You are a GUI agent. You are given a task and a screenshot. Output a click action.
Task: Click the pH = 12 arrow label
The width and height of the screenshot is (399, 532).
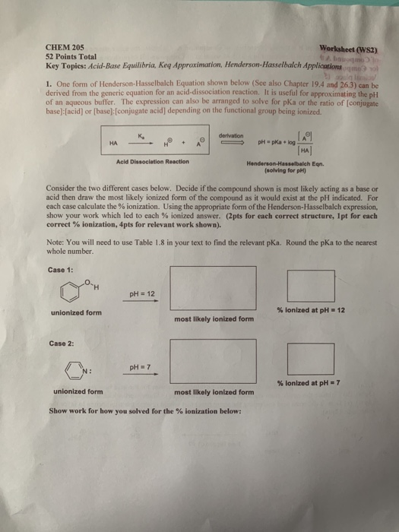(141, 293)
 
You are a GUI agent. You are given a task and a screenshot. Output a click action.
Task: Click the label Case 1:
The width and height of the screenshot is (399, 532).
(62, 272)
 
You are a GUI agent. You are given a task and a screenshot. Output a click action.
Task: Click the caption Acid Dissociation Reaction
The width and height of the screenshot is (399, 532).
(153, 161)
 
